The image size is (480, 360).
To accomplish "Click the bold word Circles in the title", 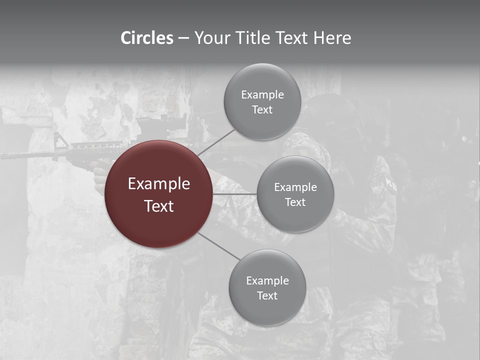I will point(147,38).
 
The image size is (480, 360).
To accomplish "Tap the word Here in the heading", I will point(332,38).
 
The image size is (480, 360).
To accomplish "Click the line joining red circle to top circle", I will point(216,141).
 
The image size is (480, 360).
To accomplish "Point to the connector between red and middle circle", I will point(235,193).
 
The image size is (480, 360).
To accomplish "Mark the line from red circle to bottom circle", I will point(218,246).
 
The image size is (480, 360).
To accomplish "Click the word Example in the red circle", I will point(159,184).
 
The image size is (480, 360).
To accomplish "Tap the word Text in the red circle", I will point(159,206).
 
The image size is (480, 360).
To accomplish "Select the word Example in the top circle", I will point(262,95).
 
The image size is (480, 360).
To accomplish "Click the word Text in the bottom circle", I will point(267,296).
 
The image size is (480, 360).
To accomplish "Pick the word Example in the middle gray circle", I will point(295,187).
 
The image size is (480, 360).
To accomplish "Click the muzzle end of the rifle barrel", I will point(3,155).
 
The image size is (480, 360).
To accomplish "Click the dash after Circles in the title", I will point(183,38).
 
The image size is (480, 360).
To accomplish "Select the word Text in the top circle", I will point(262,110).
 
